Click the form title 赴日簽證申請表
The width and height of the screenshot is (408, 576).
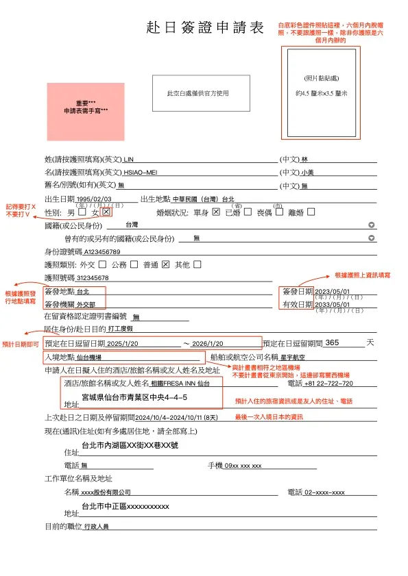[x=205, y=28]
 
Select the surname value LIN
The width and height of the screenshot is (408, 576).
[x=128, y=159]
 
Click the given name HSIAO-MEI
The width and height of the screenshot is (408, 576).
[x=141, y=172]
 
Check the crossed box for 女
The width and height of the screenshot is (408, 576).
[x=106, y=212]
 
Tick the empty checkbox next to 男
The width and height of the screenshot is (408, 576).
[x=82, y=212]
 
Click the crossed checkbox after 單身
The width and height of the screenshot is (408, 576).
[x=216, y=212]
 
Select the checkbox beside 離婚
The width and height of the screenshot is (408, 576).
[x=311, y=212]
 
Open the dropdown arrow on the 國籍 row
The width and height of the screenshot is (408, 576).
[x=372, y=225]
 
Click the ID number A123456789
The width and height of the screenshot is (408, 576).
[x=102, y=252]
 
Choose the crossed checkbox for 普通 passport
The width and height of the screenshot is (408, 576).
[x=165, y=264]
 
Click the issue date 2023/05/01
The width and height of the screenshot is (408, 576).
[x=333, y=291]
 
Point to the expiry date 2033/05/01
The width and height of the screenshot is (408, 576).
[x=333, y=304]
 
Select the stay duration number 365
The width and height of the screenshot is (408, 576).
[x=332, y=342]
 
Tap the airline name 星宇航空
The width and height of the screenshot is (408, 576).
[x=292, y=357]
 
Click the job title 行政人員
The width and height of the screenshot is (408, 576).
[x=96, y=527]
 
